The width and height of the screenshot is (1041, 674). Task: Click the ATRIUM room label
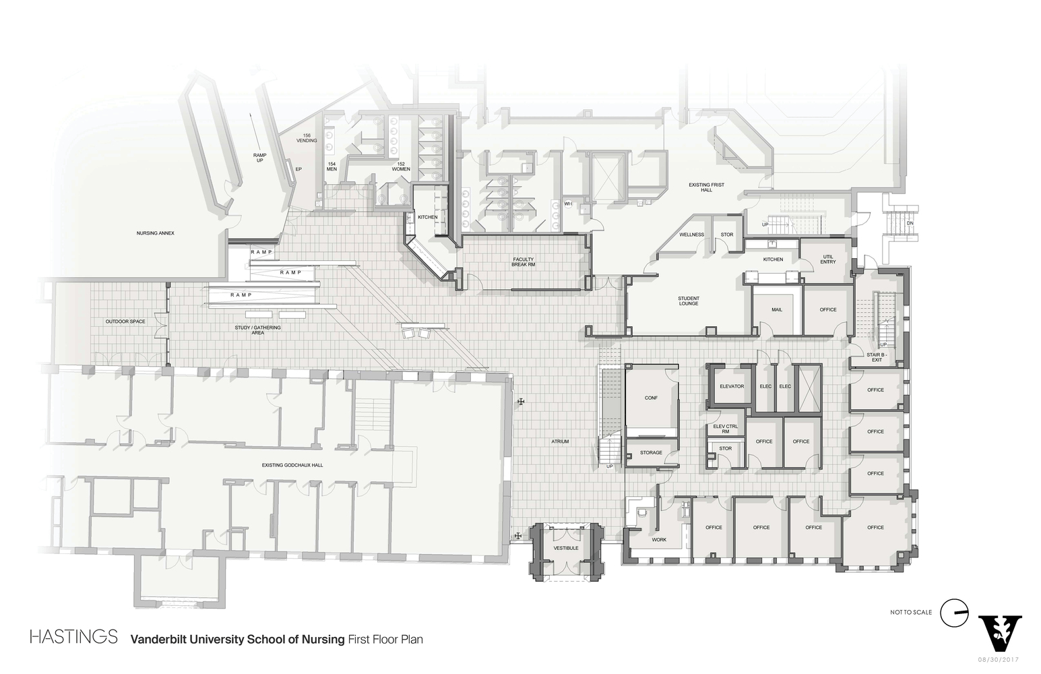point(560,441)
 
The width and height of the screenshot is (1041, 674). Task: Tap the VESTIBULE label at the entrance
point(566,548)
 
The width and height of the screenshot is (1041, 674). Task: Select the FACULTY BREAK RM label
point(523,262)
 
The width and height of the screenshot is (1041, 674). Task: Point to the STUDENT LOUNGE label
point(689,301)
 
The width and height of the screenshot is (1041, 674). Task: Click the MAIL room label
point(777,309)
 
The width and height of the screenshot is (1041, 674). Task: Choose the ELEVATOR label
point(732,386)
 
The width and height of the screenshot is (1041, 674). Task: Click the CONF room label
point(651,398)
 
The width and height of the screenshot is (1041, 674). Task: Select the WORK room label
point(659,540)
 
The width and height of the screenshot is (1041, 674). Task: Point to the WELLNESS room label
point(691,235)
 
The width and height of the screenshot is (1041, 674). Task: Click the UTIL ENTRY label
point(828,259)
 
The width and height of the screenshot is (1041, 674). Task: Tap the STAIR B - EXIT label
point(876,357)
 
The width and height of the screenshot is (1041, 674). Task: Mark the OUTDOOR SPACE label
point(125,321)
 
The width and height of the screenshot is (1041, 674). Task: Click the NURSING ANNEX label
point(156,233)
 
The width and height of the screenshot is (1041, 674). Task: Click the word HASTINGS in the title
point(74,637)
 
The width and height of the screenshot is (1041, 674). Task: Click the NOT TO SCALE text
point(911,612)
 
